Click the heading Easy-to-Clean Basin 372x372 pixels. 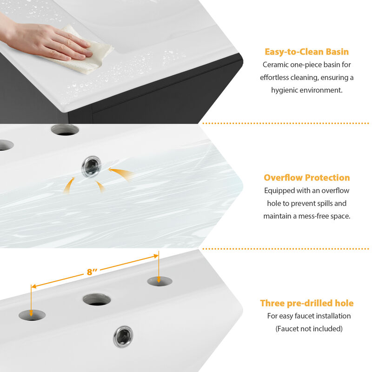point(306,52)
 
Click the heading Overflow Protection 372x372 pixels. point(306,178)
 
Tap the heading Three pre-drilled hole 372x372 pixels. point(306,303)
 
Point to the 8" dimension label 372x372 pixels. point(92,272)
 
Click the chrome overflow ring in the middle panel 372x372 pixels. point(91,166)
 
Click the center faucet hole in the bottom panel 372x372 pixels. point(97,299)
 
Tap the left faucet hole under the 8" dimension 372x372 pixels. point(32,315)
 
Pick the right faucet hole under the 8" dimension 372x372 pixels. point(159,281)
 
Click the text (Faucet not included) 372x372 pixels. point(309,329)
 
